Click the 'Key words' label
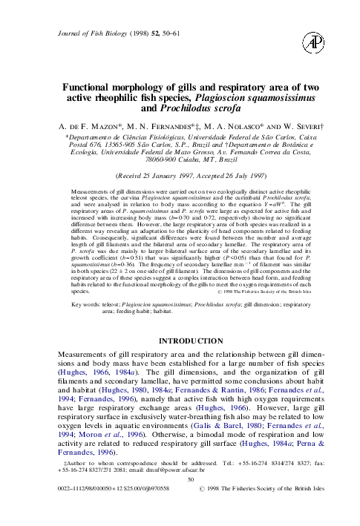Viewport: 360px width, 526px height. pos(78,304)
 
